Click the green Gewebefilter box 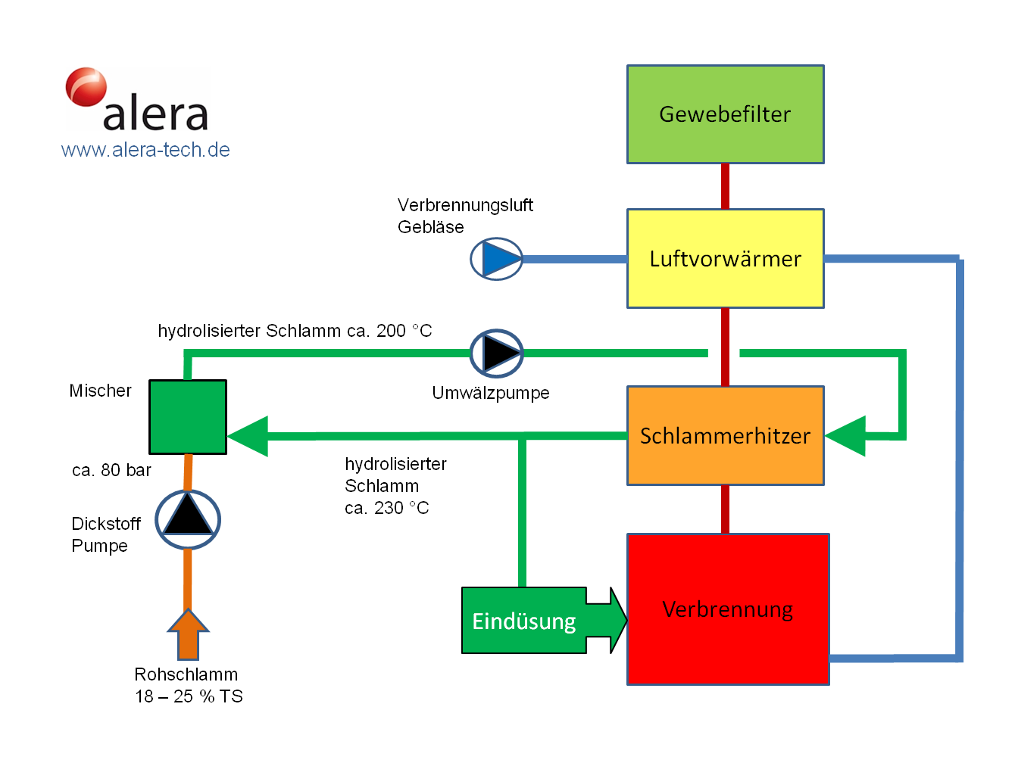click(x=725, y=114)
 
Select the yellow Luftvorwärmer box click(x=725, y=259)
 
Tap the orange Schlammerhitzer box click(x=725, y=436)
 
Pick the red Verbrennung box click(x=728, y=610)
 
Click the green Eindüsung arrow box click(x=525, y=621)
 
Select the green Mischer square click(x=188, y=417)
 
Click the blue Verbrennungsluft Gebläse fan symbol click(x=497, y=259)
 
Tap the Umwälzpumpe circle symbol click(x=497, y=353)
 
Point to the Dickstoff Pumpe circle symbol click(x=188, y=520)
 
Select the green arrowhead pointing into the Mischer click(x=248, y=436)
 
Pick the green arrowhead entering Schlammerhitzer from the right click(x=847, y=436)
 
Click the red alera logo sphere click(x=86, y=87)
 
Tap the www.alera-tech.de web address click(x=145, y=150)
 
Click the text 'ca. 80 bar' click(x=111, y=471)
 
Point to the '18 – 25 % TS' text click(x=189, y=696)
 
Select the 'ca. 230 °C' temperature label click(x=386, y=508)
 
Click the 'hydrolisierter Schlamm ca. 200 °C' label click(x=295, y=331)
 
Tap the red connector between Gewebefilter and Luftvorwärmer click(x=725, y=186)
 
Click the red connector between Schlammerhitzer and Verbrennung click(x=725, y=509)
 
